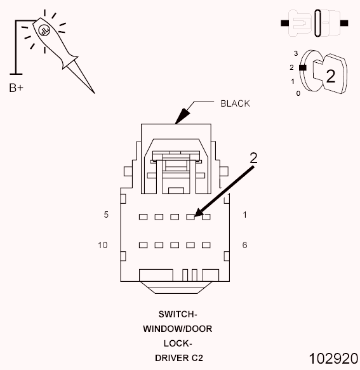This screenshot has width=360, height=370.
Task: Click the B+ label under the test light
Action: (x=17, y=88)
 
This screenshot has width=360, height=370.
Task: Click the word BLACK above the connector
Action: (x=235, y=103)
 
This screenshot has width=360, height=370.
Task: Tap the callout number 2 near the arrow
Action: (x=253, y=159)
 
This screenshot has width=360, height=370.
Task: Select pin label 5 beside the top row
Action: (x=106, y=215)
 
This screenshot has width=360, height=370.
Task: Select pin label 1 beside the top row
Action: (x=244, y=215)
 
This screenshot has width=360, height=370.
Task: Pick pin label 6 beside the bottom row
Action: (x=244, y=244)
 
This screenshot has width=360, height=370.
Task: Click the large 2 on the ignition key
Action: (x=330, y=76)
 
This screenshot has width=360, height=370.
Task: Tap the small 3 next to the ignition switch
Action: (x=295, y=53)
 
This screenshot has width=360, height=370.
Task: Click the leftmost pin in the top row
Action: (x=143, y=216)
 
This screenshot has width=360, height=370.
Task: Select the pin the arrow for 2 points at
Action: (x=190, y=216)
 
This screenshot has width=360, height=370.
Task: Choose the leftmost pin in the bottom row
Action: (x=143, y=245)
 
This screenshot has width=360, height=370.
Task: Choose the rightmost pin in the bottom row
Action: (x=206, y=245)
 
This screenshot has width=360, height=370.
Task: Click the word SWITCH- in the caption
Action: (x=178, y=314)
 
